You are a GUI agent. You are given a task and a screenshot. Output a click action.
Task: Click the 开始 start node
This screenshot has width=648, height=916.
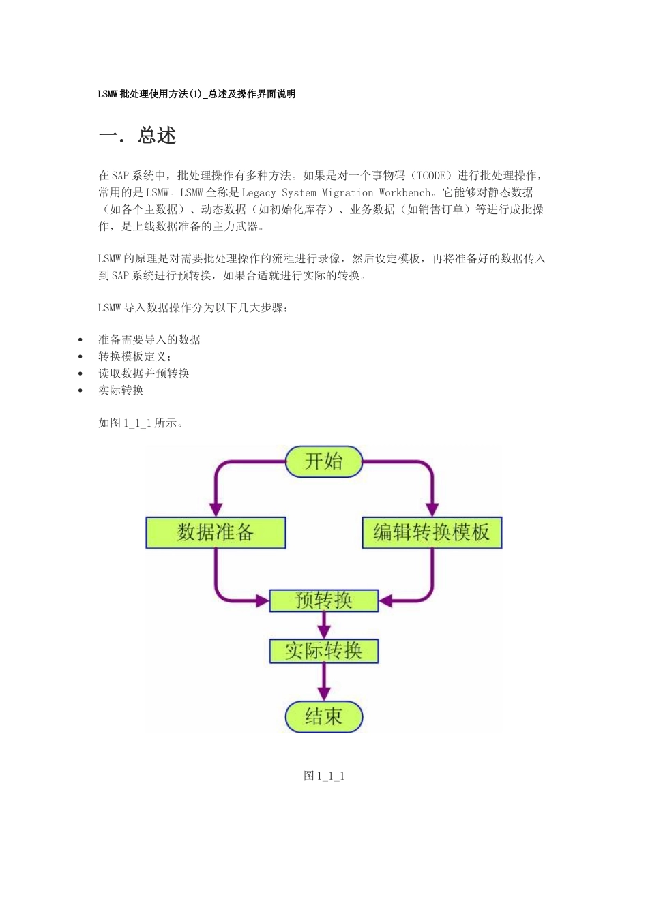click(x=323, y=461)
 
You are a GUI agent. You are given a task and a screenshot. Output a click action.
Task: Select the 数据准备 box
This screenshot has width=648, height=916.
click(x=216, y=532)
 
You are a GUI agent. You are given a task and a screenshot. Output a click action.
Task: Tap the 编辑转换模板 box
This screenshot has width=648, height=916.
click(x=432, y=532)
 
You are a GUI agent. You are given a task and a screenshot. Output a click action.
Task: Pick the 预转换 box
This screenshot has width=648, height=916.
click(x=323, y=600)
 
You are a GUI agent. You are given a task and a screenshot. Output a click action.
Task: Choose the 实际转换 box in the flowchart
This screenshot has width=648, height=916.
click(x=323, y=651)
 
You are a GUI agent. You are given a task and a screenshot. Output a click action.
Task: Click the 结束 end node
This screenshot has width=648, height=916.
click(x=323, y=717)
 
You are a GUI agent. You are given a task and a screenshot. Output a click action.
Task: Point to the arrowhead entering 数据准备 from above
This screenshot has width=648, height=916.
click(x=216, y=509)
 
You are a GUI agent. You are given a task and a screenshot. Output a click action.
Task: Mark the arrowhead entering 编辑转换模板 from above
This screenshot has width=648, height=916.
click(x=432, y=509)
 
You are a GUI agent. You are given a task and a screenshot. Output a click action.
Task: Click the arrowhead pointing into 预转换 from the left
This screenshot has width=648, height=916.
click(x=262, y=600)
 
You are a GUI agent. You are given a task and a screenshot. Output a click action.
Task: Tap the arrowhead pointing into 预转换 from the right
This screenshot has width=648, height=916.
click(x=386, y=600)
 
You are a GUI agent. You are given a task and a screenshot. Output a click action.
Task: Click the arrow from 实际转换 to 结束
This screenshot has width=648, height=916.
click(x=324, y=682)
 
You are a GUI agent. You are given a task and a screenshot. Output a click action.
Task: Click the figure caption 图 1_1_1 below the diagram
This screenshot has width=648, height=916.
click(x=324, y=776)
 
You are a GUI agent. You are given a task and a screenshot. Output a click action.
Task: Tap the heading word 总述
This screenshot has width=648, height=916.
click(x=157, y=136)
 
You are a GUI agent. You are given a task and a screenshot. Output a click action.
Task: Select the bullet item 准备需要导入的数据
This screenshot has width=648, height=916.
click(x=149, y=339)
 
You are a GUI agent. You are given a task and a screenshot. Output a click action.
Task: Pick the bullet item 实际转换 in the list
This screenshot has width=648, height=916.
click(x=121, y=391)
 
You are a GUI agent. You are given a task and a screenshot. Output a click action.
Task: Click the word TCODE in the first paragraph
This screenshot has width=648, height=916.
click(x=431, y=176)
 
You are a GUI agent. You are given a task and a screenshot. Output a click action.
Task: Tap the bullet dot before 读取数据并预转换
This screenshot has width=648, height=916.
click(x=80, y=373)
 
